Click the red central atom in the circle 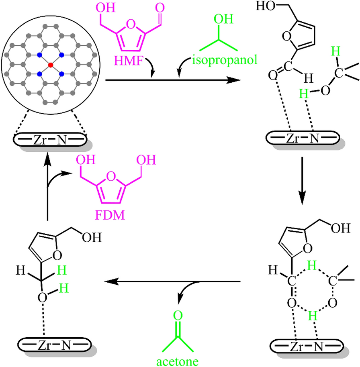(50, 64)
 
